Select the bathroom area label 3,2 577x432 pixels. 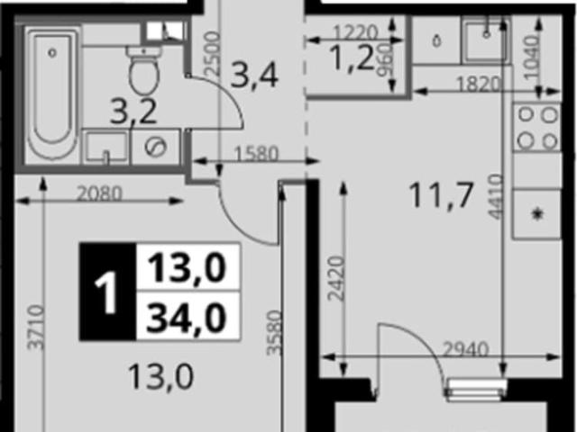[133, 112]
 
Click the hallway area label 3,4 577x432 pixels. [254, 76]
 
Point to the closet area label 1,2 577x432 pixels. [353, 58]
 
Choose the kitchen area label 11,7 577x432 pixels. [441, 196]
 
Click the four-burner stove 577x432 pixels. [537, 128]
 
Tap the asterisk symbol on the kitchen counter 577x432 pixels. [538, 213]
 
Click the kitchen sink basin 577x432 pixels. [486, 40]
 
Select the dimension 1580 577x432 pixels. [256, 155]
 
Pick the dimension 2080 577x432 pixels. [99, 194]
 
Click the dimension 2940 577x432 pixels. [465, 349]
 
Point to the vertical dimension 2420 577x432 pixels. [336, 278]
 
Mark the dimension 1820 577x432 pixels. [479, 84]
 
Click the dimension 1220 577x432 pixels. [355, 32]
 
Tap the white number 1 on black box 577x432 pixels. [106, 292]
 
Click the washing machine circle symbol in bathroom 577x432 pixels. [156, 147]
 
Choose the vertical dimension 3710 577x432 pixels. [36, 327]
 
